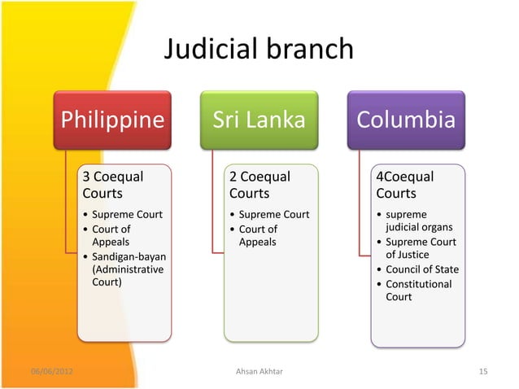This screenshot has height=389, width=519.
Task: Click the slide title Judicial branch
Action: (259, 50)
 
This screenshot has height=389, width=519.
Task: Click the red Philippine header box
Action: (112, 120)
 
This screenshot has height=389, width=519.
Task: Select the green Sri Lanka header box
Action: (259, 120)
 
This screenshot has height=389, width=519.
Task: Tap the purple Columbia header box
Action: (405, 120)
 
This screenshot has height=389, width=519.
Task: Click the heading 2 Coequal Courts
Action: (259, 185)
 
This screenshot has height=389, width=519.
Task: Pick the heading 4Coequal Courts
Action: (405, 185)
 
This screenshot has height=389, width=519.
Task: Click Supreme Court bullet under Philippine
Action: (127, 215)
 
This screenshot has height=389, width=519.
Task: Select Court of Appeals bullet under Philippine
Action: (111, 235)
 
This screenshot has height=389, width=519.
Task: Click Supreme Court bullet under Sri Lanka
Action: (273, 215)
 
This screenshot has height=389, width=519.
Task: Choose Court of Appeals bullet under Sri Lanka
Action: (257, 235)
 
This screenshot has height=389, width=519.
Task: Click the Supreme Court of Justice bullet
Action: (421, 248)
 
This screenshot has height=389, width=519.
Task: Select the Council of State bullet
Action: (421, 269)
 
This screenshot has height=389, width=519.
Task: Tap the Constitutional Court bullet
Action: (418, 291)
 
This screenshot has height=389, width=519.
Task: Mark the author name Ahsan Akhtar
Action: (259, 372)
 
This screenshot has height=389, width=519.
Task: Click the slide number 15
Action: (483, 372)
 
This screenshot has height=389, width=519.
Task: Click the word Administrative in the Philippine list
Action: (128, 269)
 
